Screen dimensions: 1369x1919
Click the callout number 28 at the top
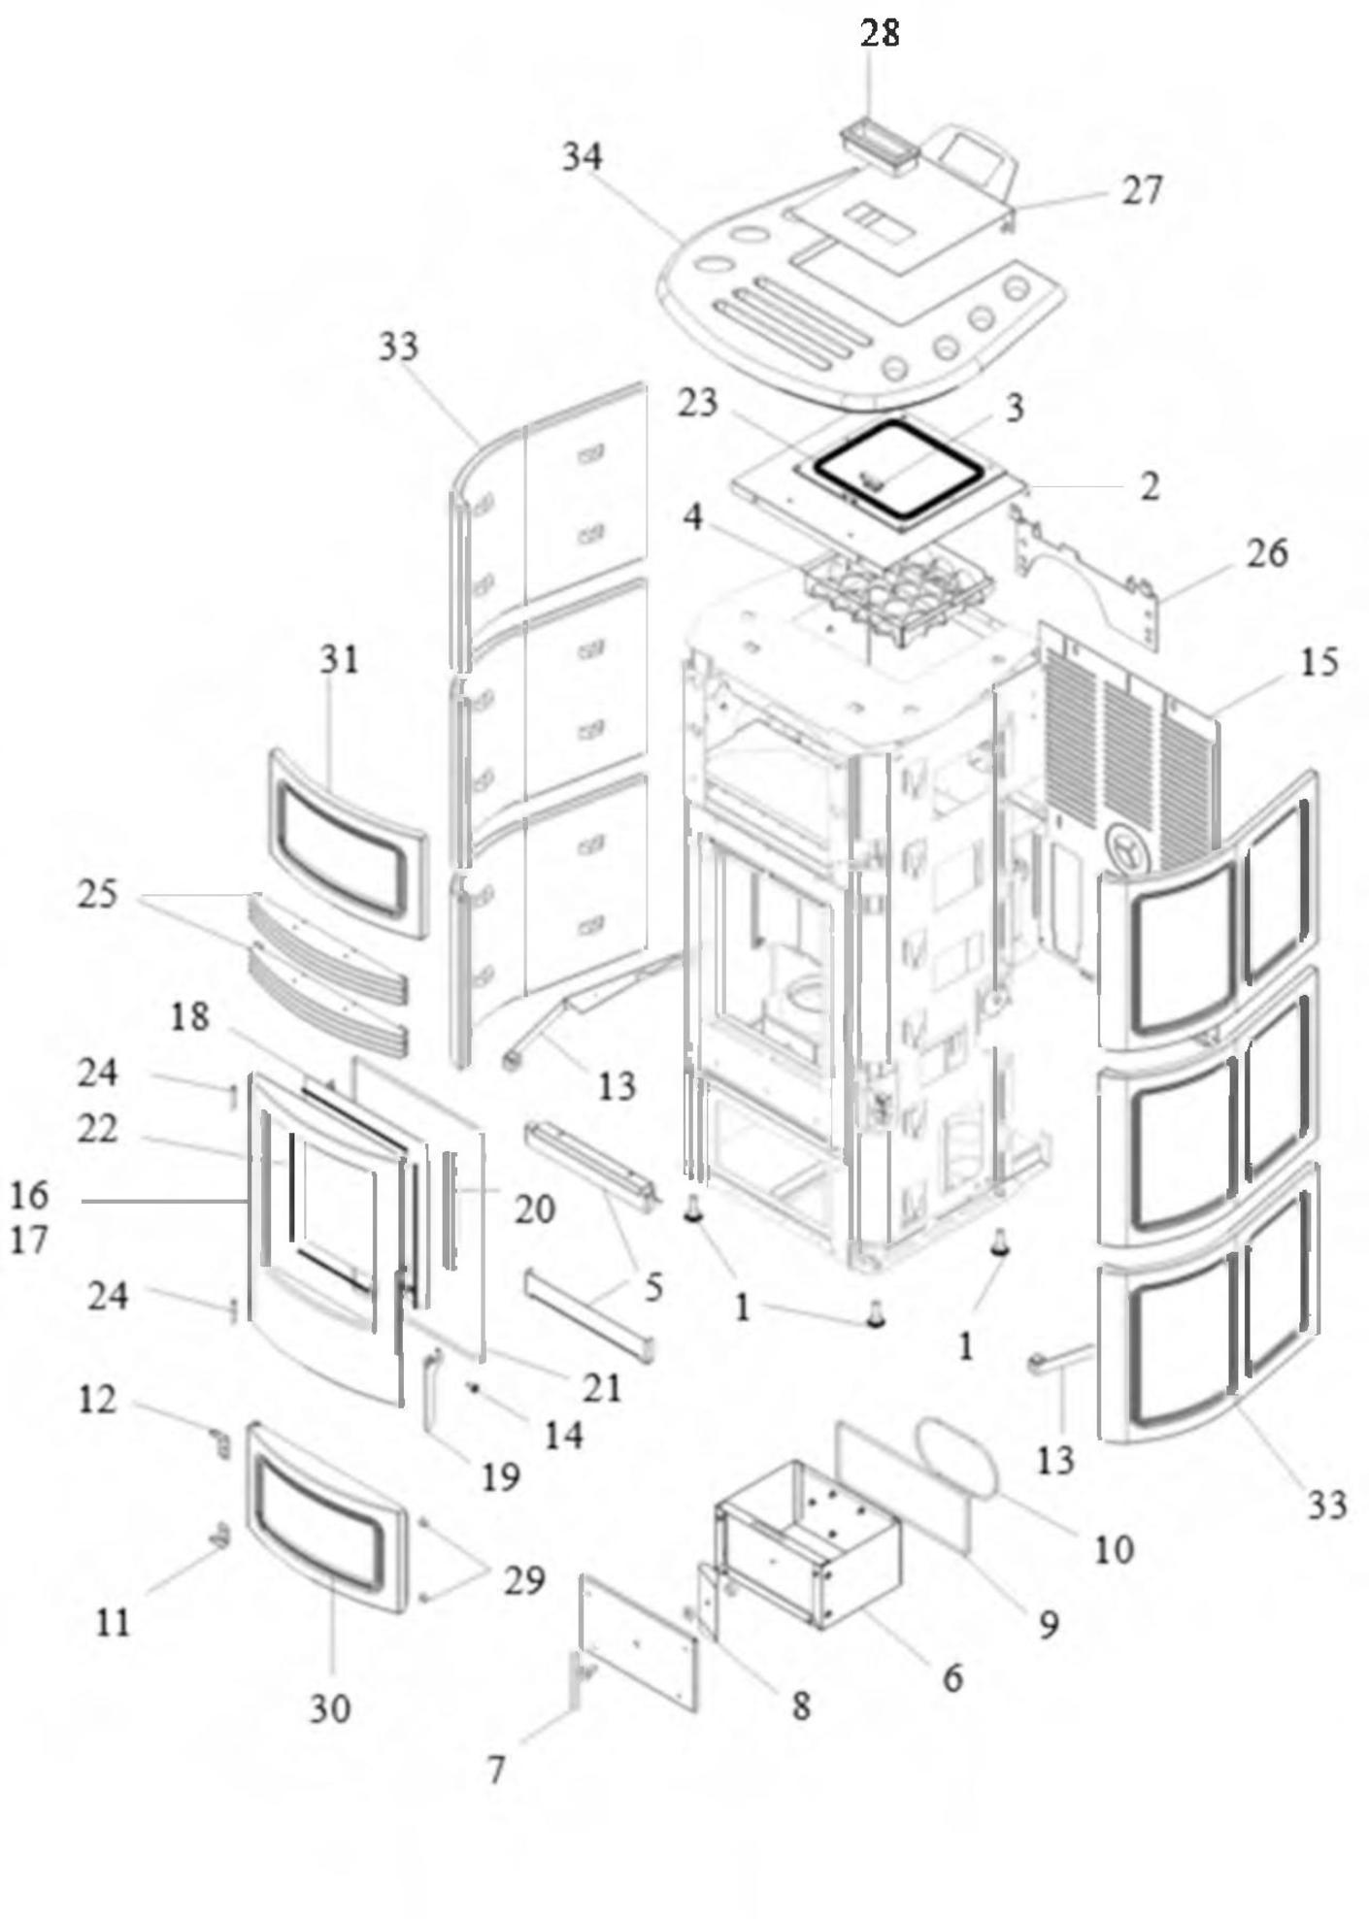(x=880, y=33)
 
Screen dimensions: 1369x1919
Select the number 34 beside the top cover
(x=583, y=157)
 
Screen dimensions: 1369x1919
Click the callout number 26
(x=1266, y=553)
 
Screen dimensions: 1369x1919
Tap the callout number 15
(x=1318, y=662)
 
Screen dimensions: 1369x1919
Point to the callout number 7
(x=495, y=1770)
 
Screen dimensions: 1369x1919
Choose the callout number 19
(x=500, y=1477)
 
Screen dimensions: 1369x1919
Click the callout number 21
(x=601, y=1388)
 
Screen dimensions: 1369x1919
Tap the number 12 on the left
(x=97, y=1400)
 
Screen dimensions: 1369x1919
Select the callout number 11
(x=113, y=1621)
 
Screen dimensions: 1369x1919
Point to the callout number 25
(x=97, y=894)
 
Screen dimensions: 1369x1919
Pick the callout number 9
(x=1048, y=1624)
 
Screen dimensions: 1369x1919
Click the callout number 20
(x=534, y=1209)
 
